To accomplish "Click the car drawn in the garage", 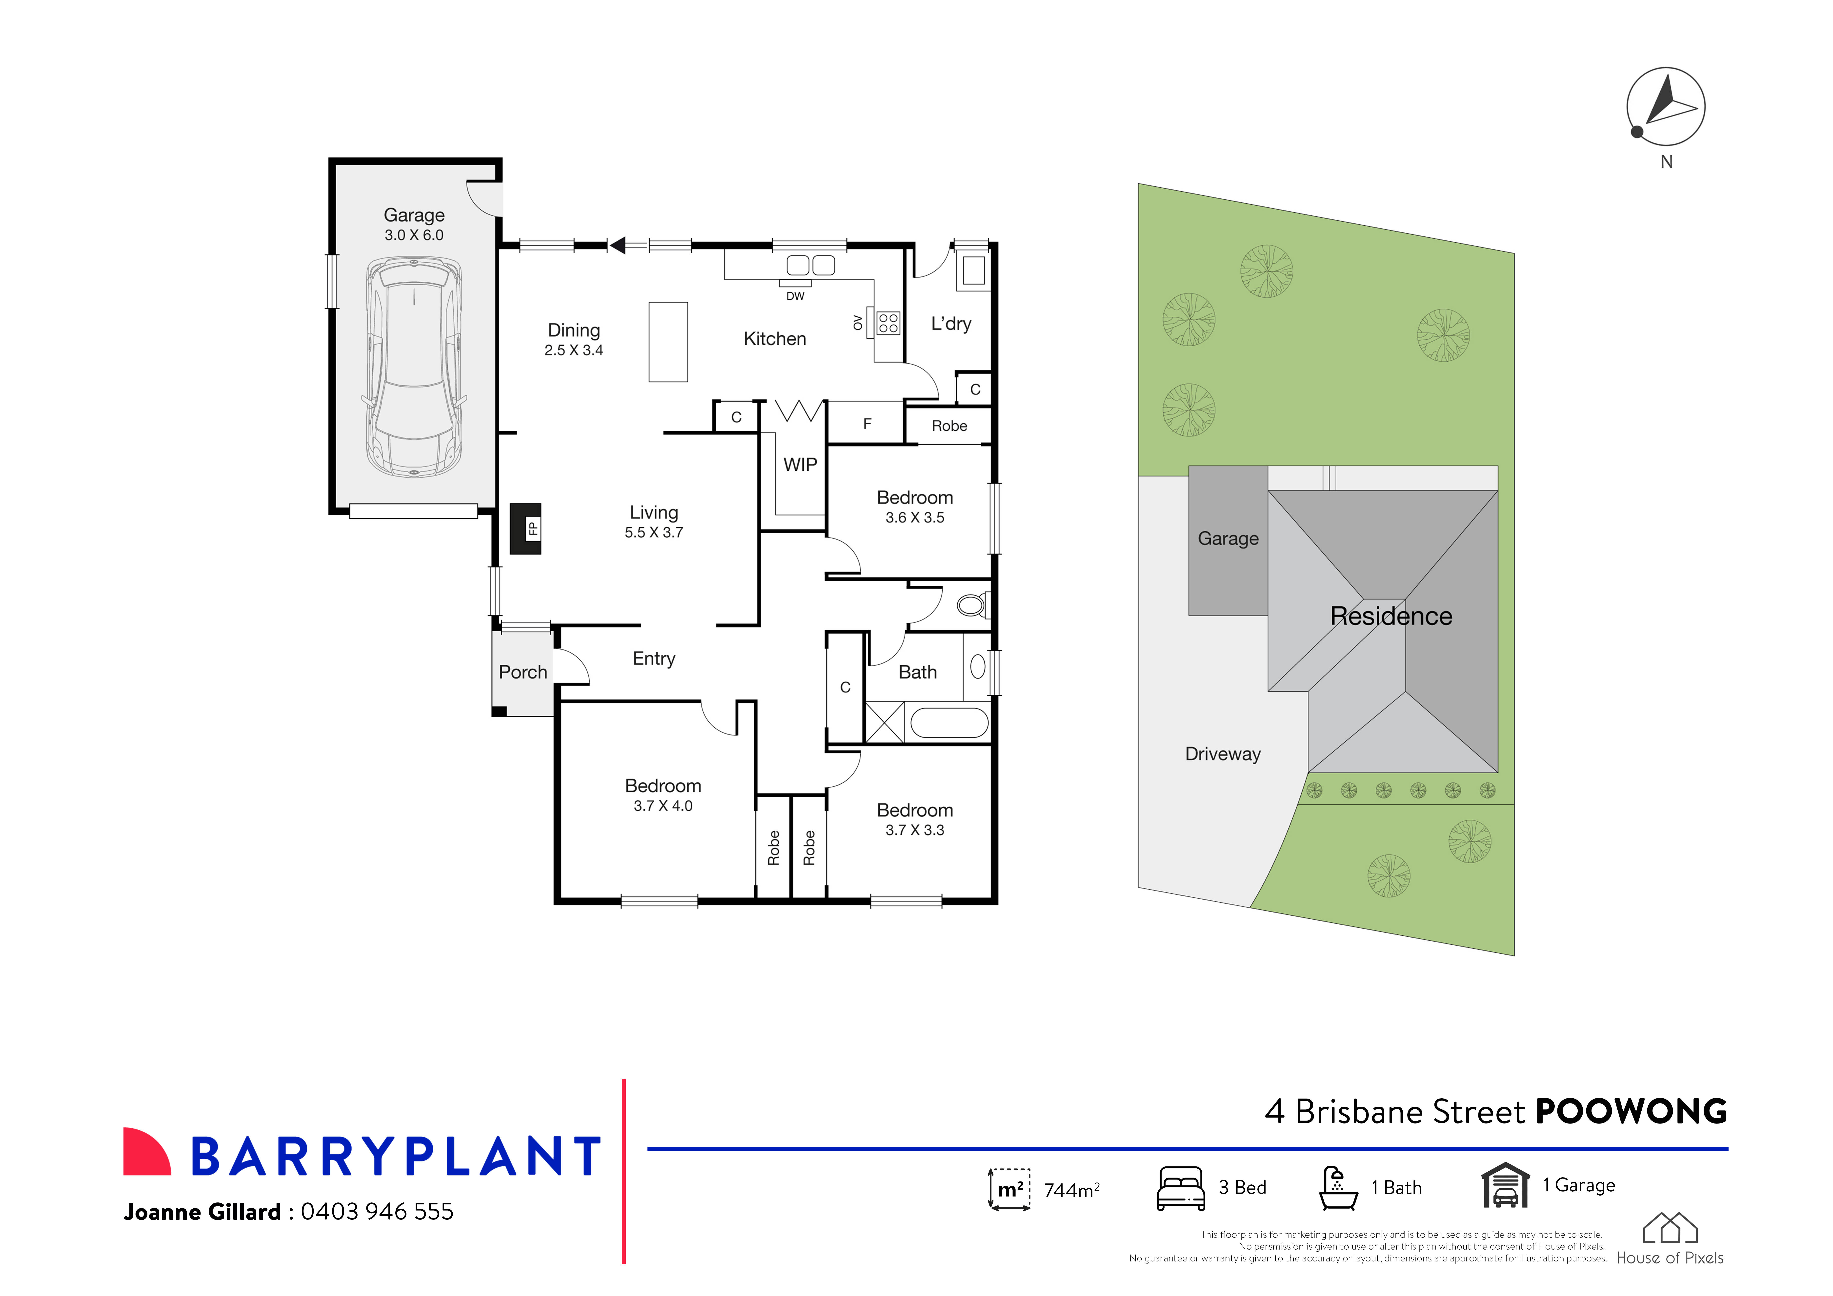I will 414,367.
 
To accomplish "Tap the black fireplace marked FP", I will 525,528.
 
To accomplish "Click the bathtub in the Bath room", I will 948,723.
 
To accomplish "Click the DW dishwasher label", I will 795,296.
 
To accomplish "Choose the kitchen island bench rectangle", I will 668,342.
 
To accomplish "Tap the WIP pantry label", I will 800,464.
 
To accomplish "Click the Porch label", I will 523,672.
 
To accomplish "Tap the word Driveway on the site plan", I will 1222,754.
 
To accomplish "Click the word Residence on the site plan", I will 1391,616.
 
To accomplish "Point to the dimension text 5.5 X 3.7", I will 654,532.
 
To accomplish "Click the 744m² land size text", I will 1071,1190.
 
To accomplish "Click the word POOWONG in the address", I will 1631,1112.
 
